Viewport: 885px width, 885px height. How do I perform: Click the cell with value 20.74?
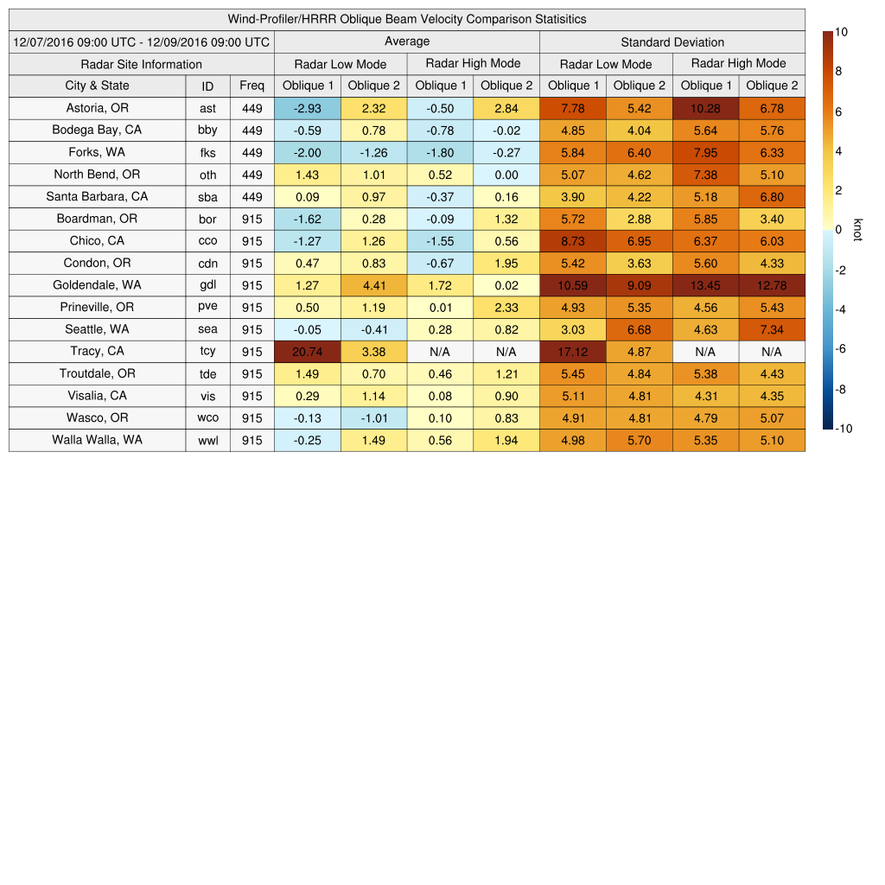pos(308,352)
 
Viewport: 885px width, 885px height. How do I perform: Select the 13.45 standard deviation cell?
pos(705,285)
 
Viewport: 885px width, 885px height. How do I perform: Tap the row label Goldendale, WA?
pos(97,285)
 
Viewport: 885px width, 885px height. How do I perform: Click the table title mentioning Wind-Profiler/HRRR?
pos(407,19)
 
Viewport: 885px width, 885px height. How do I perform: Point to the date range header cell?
pos(142,41)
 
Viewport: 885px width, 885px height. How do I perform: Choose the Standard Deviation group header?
pos(672,41)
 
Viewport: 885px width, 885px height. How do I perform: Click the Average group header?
pos(407,41)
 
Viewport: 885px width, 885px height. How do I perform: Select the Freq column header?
pos(252,86)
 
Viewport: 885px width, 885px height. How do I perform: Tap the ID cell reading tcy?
pos(207,352)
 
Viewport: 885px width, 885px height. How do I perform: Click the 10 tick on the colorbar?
pos(841,32)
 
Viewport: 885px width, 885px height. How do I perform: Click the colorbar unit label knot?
pos(856,229)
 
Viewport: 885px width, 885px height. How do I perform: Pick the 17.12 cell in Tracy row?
pos(573,352)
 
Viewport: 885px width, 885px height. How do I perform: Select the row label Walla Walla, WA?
pos(97,440)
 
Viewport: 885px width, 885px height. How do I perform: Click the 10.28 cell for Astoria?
pos(705,108)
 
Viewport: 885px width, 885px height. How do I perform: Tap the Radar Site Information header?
pos(142,64)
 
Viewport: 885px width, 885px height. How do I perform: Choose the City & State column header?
pos(97,86)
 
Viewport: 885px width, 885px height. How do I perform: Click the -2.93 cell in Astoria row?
pos(308,108)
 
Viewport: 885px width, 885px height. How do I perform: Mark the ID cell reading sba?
pos(207,197)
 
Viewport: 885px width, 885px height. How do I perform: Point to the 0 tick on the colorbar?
pos(838,230)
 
